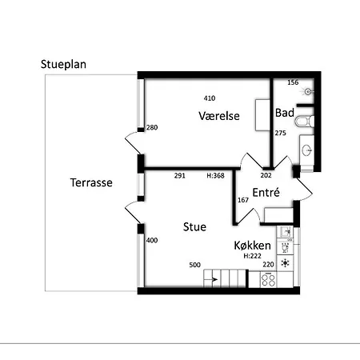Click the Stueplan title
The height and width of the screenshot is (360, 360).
(63, 65)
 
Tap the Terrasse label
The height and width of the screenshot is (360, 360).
(91, 182)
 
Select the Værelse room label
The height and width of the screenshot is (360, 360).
(219, 116)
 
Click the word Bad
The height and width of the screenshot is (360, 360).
(285, 113)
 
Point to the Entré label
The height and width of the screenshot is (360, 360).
(266, 192)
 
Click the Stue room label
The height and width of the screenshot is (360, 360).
(194, 227)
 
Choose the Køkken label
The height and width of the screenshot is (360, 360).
(252, 246)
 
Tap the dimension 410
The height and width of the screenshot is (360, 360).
(210, 98)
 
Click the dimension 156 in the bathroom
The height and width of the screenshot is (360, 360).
(293, 82)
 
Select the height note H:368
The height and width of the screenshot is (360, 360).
(215, 176)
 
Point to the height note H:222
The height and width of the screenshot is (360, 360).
(252, 256)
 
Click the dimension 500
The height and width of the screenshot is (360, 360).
(194, 265)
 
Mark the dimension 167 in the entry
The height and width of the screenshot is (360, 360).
(243, 200)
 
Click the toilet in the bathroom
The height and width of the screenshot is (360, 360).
(304, 122)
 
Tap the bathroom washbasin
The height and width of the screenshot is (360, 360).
(307, 150)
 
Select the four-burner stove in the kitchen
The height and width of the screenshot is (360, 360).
(268, 280)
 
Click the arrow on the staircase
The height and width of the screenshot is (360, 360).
(214, 279)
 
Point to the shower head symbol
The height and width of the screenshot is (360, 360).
(308, 92)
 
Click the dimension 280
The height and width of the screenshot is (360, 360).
(152, 128)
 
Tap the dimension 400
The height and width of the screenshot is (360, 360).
(152, 241)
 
